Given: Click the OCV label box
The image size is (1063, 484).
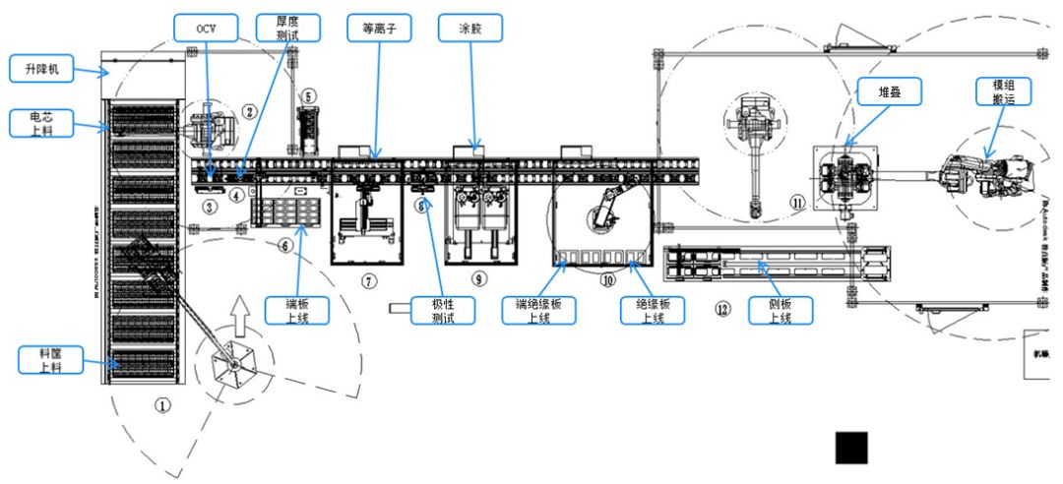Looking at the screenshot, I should coord(206,28).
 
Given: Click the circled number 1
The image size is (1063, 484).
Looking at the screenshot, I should coord(163,402).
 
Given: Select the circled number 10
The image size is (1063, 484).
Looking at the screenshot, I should coord(607,279).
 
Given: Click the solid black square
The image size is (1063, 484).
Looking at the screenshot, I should coord(851,447).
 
